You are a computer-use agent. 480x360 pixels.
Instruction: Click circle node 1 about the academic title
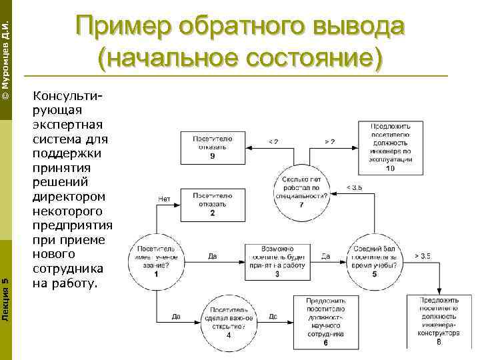coord(156,257)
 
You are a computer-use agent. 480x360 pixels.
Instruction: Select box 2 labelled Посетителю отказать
coord(212,203)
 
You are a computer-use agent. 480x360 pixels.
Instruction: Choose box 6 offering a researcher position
coord(325,322)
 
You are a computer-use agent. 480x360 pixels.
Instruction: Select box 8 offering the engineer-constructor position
coord(438,321)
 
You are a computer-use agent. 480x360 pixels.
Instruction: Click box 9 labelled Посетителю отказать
coord(212,147)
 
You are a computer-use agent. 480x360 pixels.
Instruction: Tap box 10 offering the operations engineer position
coord(390,147)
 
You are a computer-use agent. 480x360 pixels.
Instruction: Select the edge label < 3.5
coord(354,188)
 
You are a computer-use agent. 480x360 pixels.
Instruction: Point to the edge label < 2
coord(273,141)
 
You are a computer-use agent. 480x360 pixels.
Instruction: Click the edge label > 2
coord(329,141)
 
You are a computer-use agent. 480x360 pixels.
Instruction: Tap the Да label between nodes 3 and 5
coord(325,255)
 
